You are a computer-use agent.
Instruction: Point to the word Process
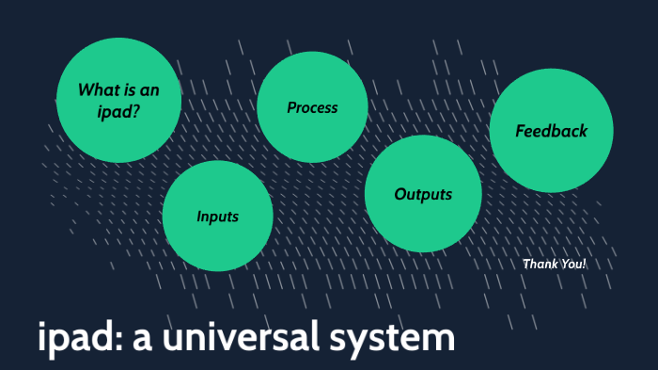click(312, 107)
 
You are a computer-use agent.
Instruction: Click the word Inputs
click(217, 217)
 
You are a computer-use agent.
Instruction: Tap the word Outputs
click(423, 195)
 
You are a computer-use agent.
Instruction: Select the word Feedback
click(551, 131)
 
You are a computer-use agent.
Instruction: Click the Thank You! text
click(554, 264)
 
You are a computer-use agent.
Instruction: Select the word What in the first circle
click(97, 90)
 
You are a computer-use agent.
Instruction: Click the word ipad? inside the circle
click(117, 111)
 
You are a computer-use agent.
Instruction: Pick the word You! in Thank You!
click(572, 264)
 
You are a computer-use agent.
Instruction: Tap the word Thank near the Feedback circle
click(539, 264)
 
